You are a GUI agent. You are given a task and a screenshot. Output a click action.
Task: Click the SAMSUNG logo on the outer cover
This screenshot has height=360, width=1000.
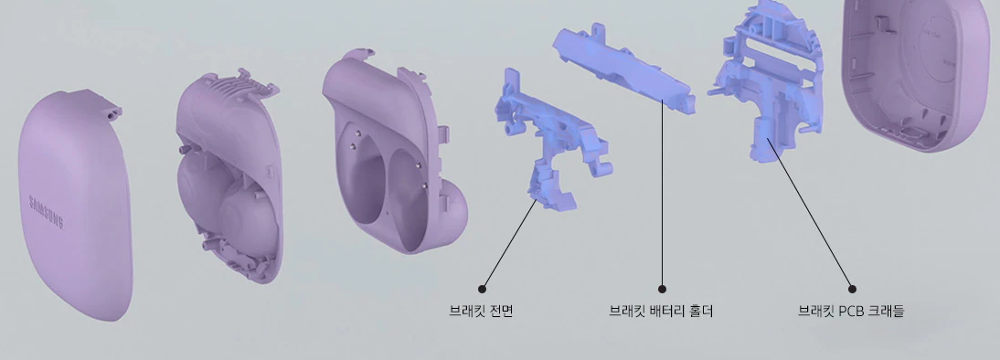click(x=46, y=212)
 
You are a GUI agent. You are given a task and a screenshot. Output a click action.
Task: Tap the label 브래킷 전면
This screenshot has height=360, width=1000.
click(x=481, y=311)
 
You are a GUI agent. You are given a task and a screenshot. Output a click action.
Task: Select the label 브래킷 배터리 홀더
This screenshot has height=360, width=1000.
click(x=661, y=311)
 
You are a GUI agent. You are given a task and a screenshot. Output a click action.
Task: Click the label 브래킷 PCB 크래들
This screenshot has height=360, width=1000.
click(x=851, y=311)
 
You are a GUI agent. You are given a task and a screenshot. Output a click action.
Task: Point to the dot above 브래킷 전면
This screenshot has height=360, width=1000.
click(x=482, y=290)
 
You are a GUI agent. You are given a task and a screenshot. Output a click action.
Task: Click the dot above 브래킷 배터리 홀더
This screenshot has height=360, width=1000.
click(x=662, y=290)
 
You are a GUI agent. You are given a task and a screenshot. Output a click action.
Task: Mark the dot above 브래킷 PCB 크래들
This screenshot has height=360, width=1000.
click(x=852, y=290)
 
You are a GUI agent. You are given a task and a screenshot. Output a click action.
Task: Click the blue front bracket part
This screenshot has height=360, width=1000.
click(x=548, y=137)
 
